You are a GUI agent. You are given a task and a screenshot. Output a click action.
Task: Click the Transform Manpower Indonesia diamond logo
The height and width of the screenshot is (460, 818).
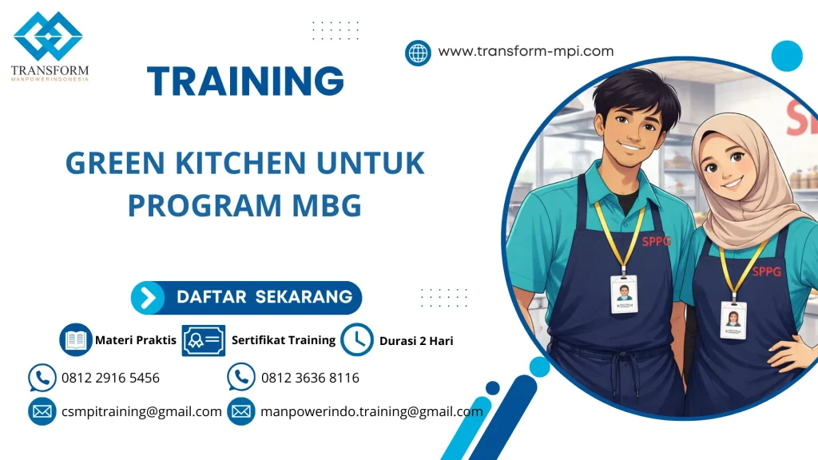(49, 36)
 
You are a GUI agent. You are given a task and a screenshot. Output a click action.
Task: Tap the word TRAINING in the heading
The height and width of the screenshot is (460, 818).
(246, 81)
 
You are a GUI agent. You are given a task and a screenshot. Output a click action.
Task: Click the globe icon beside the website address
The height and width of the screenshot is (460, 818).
(418, 53)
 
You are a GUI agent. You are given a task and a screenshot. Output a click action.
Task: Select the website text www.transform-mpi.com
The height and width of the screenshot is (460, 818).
(526, 51)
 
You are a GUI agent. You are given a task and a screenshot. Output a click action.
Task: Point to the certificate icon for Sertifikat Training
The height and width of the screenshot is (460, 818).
(203, 340)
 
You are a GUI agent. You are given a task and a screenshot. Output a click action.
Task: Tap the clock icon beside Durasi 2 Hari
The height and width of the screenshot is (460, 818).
(356, 340)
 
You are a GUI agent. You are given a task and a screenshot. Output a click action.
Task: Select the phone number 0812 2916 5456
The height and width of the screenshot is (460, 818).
(110, 378)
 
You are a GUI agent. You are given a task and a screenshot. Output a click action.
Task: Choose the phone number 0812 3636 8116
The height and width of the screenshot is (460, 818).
(310, 378)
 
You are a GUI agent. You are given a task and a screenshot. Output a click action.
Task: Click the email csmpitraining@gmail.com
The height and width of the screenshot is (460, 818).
(141, 412)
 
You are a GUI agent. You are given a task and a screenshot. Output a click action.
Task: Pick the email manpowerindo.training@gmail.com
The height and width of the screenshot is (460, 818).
(371, 412)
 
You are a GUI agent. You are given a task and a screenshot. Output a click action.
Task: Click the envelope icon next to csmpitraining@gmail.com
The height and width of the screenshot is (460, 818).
(42, 412)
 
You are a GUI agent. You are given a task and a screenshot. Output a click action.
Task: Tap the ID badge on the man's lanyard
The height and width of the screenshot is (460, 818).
(624, 294)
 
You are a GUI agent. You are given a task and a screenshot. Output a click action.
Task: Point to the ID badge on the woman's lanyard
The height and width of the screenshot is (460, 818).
(733, 319)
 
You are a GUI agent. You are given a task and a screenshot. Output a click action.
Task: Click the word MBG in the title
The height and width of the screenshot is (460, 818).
(328, 205)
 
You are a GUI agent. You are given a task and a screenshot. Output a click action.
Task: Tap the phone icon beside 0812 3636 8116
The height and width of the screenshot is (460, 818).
(240, 378)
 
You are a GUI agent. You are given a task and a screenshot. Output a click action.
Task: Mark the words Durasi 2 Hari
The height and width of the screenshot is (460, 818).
(416, 341)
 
